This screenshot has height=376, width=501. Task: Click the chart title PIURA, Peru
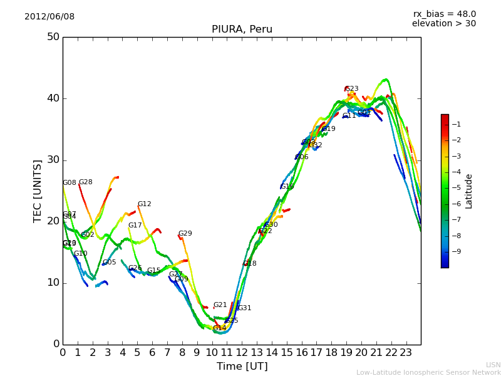242,29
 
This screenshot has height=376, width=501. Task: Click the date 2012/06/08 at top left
49,16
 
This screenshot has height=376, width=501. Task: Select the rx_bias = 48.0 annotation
444,14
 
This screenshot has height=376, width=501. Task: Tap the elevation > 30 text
443,24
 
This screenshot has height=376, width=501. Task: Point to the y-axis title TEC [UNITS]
38,191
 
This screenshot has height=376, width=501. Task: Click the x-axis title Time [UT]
242,367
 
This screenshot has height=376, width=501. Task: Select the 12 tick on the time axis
242,353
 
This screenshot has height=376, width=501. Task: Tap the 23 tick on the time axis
406,353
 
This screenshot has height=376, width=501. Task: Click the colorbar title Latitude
469,191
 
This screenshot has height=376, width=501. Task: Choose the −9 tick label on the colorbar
456,251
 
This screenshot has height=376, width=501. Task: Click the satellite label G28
85,182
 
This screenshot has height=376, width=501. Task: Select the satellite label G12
144,204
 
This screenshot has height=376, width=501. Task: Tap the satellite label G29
185,234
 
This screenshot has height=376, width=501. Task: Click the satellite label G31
244,308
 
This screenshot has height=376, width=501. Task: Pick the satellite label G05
109,263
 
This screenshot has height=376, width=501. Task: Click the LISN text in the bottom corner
493,365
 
